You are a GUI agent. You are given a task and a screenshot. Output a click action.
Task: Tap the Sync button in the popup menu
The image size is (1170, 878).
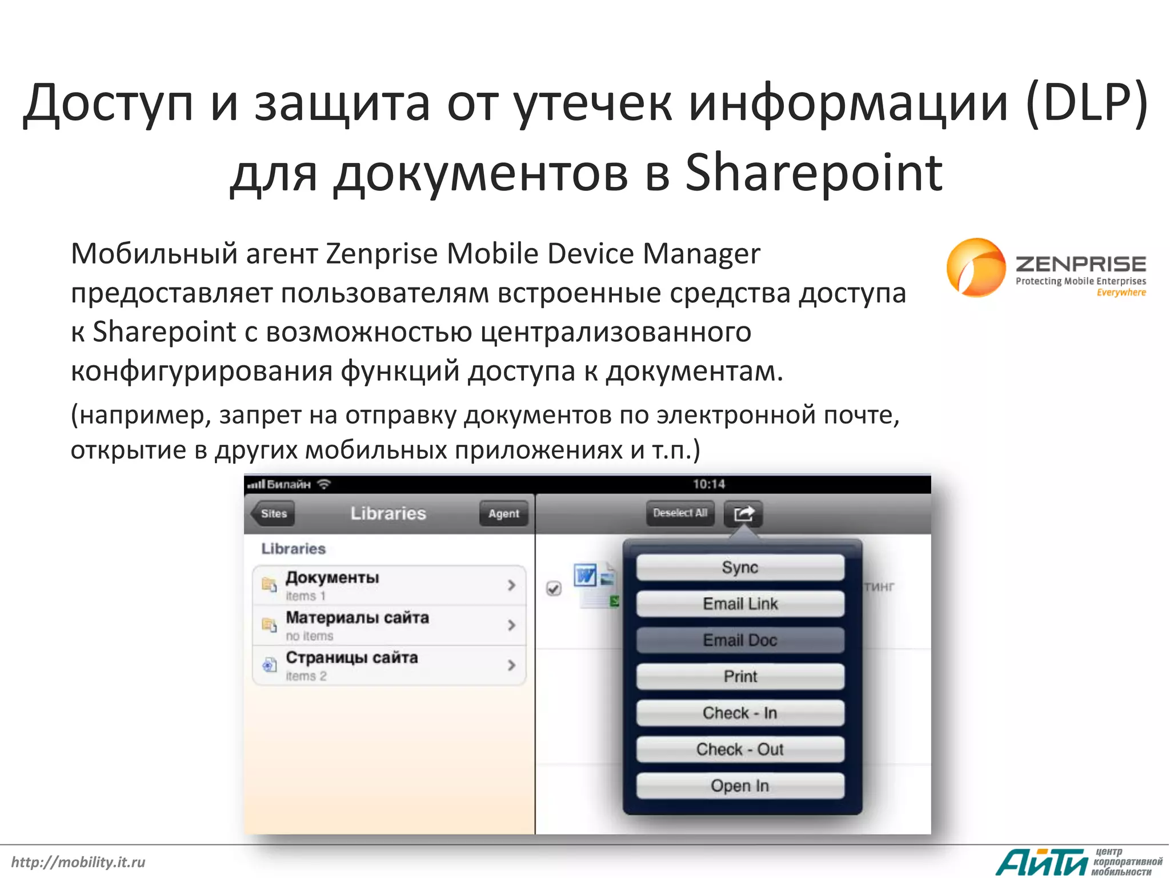point(740,568)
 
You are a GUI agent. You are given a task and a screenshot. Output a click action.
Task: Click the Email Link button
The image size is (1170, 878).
point(740,604)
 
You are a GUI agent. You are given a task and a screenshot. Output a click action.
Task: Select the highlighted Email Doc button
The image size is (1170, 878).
point(740,640)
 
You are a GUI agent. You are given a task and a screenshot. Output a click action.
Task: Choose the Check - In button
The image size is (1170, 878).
point(740,713)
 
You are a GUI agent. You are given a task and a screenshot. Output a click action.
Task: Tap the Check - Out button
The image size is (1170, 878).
point(740,749)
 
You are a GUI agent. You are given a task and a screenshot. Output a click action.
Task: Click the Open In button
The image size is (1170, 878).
point(740,786)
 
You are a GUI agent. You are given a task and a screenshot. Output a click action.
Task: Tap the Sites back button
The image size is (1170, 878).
point(274,513)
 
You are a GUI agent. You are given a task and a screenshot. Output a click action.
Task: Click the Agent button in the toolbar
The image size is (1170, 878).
point(503,513)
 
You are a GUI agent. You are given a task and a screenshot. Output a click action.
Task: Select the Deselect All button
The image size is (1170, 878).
point(680,513)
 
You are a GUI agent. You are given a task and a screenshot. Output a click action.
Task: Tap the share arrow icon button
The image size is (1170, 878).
point(743,513)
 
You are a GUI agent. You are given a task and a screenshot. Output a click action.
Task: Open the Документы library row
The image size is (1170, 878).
point(388,585)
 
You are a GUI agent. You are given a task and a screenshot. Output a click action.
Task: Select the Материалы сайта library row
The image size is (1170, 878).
point(388,625)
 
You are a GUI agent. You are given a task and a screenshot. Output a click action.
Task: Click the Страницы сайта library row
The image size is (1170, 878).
point(388,665)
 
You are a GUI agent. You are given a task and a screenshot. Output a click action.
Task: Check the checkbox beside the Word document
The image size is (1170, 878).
point(554,588)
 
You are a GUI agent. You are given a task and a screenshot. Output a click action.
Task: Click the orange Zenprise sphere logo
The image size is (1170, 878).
point(976,268)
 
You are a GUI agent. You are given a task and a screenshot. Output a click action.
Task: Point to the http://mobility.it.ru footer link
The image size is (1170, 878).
point(78,862)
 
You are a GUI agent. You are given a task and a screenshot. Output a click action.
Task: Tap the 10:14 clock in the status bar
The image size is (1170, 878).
point(708,484)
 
